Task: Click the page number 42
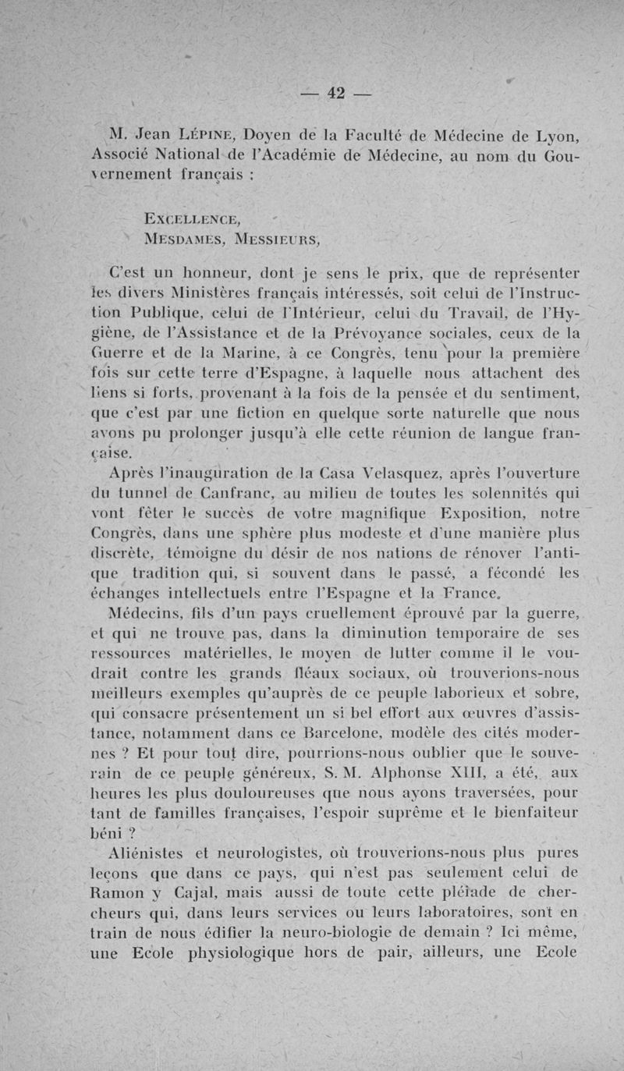(336, 93)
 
